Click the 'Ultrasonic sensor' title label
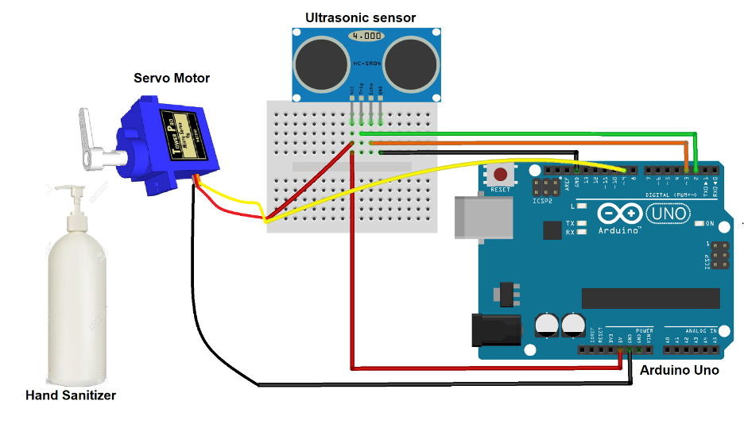coord(361,17)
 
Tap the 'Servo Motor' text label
coord(172,77)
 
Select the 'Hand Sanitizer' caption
coord(71,395)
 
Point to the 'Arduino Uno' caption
coord(679,370)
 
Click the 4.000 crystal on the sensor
coord(367,37)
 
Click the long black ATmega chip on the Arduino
coord(650,298)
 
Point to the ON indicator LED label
coord(710,224)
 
